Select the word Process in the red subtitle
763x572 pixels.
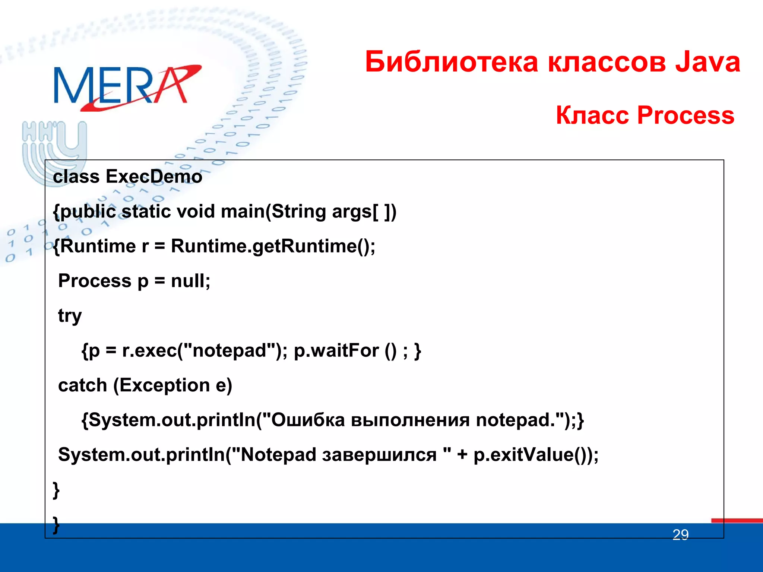pyautogui.click(x=686, y=115)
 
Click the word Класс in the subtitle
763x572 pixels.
pyautogui.click(x=592, y=115)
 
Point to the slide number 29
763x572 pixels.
pyautogui.click(x=680, y=535)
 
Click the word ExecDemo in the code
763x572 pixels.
pyautogui.click(x=154, y=177)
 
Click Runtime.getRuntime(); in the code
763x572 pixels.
pyautogui.click(x=273, y=246)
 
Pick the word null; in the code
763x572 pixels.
pyautogui.click(x=190, y=281)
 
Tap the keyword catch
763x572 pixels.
pyautogui.click(x=82, y=385)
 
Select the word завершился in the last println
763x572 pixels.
pyautogui.click(x=379, y=455)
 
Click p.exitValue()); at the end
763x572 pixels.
pyautogui.click(x=536, y=455)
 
